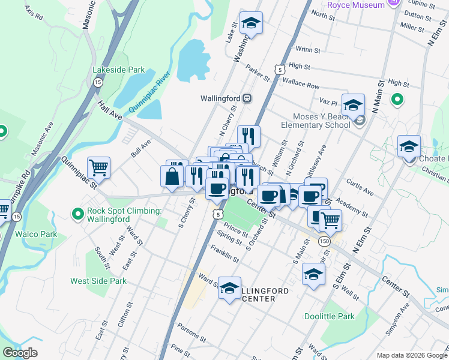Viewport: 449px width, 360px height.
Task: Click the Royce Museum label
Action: pos(356,5)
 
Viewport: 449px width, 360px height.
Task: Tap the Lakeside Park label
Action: pos(118,70)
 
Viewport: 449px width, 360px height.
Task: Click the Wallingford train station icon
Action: pos(247,98)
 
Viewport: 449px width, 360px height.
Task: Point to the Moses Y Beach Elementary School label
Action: pos(316,121)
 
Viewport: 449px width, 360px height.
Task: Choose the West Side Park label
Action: pos(98,281)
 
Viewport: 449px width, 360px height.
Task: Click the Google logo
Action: pos(20,353)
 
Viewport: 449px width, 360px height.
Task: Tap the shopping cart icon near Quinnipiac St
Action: pos(99,167)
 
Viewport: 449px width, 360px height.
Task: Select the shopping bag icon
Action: pos(172,176)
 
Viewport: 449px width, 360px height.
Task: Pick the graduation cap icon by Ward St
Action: pos(229,289)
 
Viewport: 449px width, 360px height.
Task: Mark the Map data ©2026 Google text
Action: pos(411,355)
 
